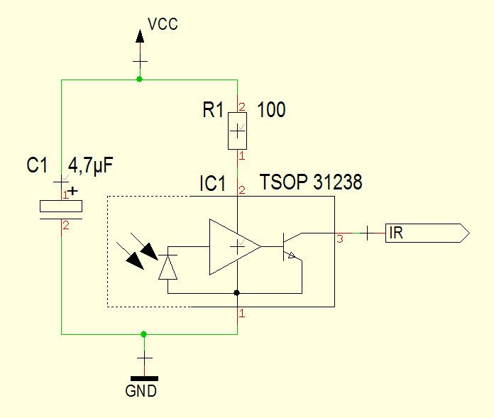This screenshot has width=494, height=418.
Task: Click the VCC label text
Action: click(163, 25)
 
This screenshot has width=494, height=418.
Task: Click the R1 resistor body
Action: click(237, 131)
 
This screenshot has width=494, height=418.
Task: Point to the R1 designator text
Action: click(213, 110)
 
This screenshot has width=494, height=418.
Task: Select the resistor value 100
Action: click(271, 110)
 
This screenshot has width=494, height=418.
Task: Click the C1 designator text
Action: click(37, 166)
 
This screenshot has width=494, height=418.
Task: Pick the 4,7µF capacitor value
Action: click(90, 166)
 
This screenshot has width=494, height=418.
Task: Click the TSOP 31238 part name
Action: click(311, 183)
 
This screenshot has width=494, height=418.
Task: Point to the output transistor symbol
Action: click(290, 248)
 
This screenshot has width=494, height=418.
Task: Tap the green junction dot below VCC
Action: click(139, 79)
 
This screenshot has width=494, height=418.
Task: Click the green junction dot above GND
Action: click(144, 334)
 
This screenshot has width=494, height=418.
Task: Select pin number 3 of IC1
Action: click(340, 240)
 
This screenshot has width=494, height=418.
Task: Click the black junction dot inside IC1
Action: click(237, 292)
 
